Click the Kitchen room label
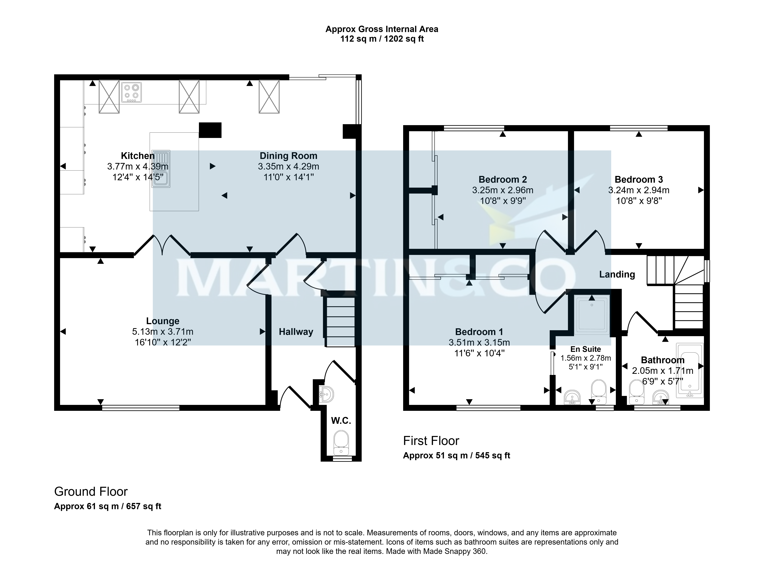137,156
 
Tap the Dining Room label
288,156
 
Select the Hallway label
296,332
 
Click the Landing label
617,274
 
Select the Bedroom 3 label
639,179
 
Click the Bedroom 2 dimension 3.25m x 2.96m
503,190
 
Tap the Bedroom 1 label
479,332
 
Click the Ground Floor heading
91,492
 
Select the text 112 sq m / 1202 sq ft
382,39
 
